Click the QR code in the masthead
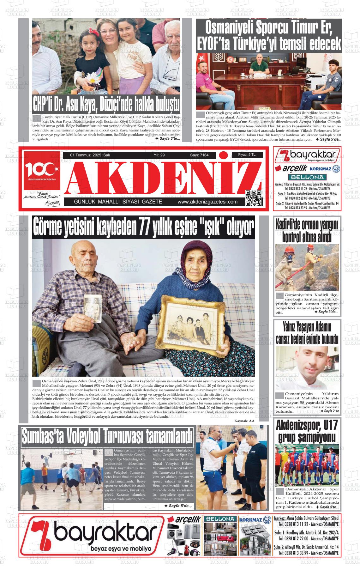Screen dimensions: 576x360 point(254,198)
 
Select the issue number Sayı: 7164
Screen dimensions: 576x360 point(199,155)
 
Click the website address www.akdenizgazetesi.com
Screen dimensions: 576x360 point(207,202)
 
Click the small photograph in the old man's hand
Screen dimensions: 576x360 point(93,308)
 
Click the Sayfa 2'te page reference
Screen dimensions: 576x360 point(330,411)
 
